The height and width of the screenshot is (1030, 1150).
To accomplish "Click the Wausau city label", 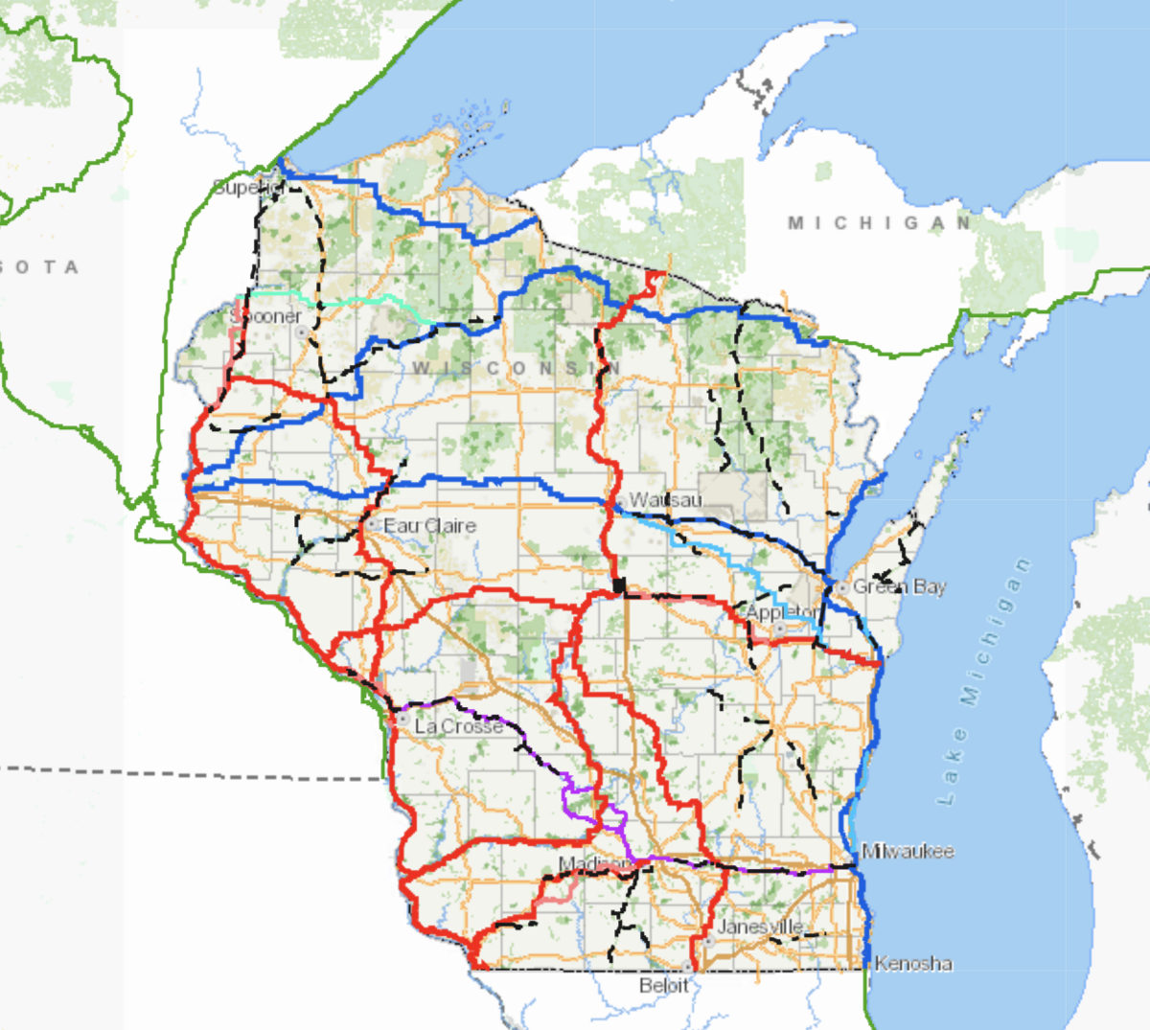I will coord(666,500).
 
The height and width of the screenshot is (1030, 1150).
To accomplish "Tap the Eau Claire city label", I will coord(429,526).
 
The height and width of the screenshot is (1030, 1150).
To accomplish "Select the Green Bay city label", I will coord(899,586).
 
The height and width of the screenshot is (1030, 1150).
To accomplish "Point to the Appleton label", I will coord(782,612).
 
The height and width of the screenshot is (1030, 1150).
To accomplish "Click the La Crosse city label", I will coord(458,726).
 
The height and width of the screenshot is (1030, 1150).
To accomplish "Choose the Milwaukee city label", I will coord(908,851).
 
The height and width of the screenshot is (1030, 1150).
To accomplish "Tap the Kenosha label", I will coord(913,963).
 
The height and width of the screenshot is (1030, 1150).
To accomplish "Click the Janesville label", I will coord(761,927).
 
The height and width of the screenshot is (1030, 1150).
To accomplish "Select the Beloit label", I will coord(663,985).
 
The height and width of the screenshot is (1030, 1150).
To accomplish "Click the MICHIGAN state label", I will coord(880,223).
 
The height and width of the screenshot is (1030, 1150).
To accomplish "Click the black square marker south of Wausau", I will coord(619,584).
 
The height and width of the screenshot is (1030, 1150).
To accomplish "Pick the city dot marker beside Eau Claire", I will coord(373,525).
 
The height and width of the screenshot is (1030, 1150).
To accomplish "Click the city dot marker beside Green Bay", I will coord(841,587).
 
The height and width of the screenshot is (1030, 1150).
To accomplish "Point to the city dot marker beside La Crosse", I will coord(403,718).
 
